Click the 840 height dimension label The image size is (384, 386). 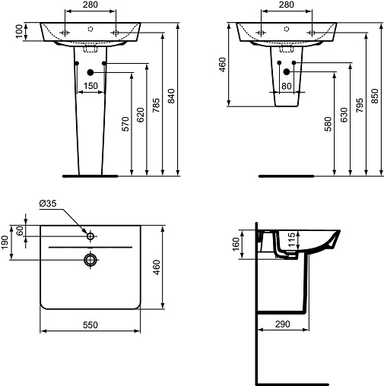[x=171, y=96]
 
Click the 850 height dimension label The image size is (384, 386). [x=375, y=96]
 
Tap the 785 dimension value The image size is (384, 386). [x=156, y=106]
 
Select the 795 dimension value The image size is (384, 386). [x=360, y=106]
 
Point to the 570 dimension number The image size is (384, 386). [x=125, y=124]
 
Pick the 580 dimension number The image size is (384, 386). [x=328, y=124]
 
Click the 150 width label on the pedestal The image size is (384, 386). [x=90, y=86]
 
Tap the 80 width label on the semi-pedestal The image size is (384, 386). [x=287, y=87]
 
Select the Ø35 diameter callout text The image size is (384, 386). [x=48, y=204]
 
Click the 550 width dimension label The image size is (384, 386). [x=90, y=324]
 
